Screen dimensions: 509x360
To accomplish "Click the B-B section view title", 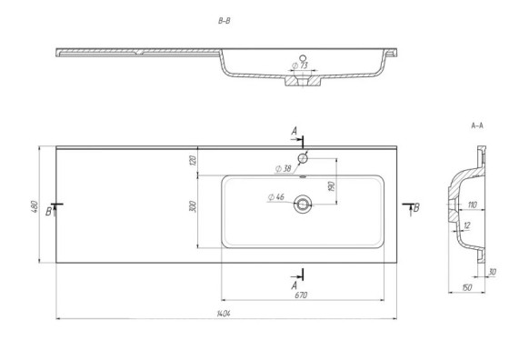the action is (x=224, y=21).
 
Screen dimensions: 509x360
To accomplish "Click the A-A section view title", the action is (x=477, y=125).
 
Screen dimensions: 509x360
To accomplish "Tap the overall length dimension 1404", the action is (x=224, y=314).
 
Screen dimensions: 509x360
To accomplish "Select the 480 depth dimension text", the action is (x=35, y=206).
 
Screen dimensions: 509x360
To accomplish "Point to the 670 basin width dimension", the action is (x=301, y=295).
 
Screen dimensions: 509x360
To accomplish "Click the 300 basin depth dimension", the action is (x=193, y=206).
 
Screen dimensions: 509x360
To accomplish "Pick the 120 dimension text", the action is (x=193, y=160).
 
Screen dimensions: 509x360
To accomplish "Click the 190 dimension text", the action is (x=332, y=186).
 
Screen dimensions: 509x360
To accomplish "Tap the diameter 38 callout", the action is (x=283, y=169).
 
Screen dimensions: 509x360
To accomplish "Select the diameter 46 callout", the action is (x=276, y=196).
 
